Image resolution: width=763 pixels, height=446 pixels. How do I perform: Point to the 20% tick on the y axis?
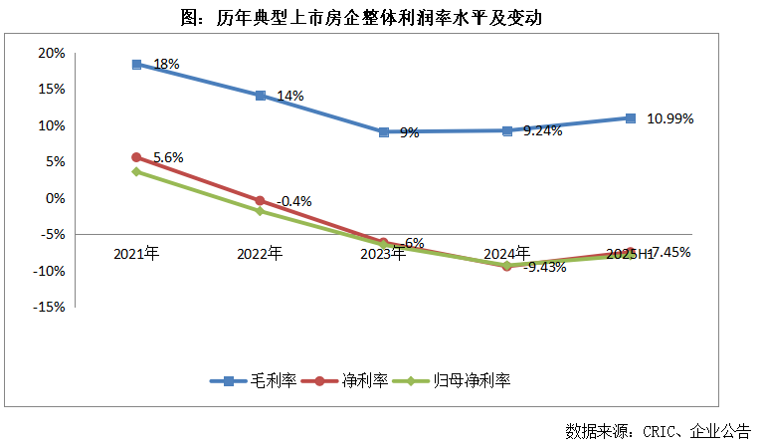(x=51, y=53)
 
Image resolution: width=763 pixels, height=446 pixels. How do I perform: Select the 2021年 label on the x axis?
(x=136, y=253)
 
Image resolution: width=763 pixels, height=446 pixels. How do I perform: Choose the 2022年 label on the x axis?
(x=260, y=253)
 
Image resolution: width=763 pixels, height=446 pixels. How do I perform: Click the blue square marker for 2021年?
(x=136, y=65)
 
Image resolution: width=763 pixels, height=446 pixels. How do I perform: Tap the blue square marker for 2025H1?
(x=631, y=118)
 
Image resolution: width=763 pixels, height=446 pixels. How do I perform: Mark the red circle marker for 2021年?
(x=136, y=157)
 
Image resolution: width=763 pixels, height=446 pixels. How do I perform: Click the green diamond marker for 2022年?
(x=260, y=211)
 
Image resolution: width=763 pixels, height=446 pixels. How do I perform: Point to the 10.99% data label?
(x=669, y=117)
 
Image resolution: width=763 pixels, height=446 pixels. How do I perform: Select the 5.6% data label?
(x=167, y=156)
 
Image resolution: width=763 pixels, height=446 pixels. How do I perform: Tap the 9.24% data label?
(x=542, y=129)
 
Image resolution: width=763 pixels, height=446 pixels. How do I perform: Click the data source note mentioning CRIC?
(x=658, y=431)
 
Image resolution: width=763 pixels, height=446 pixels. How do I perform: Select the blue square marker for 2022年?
(x=260, y=96)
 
